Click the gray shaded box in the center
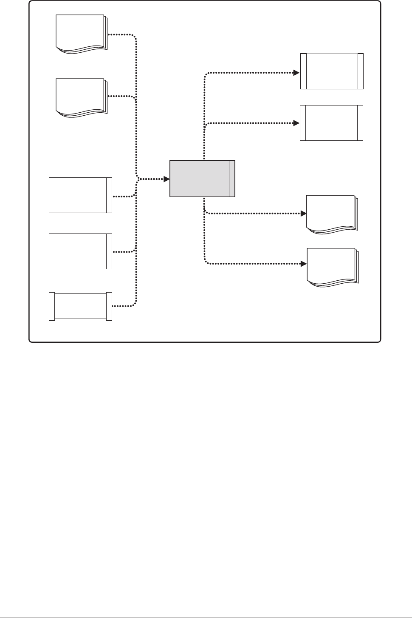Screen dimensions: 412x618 202,179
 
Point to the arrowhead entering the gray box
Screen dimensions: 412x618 166,179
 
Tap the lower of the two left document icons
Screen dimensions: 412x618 81,97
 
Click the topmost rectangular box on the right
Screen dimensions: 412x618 332,71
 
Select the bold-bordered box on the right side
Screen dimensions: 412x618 332,123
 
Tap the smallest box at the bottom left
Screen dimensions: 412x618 80,306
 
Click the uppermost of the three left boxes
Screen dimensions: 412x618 80,195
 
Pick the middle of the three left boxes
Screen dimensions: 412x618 80,251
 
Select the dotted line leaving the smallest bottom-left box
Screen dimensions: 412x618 123,306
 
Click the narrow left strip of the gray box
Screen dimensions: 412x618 173,179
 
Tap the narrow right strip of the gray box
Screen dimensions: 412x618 231,179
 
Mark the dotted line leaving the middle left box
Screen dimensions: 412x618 123,252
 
